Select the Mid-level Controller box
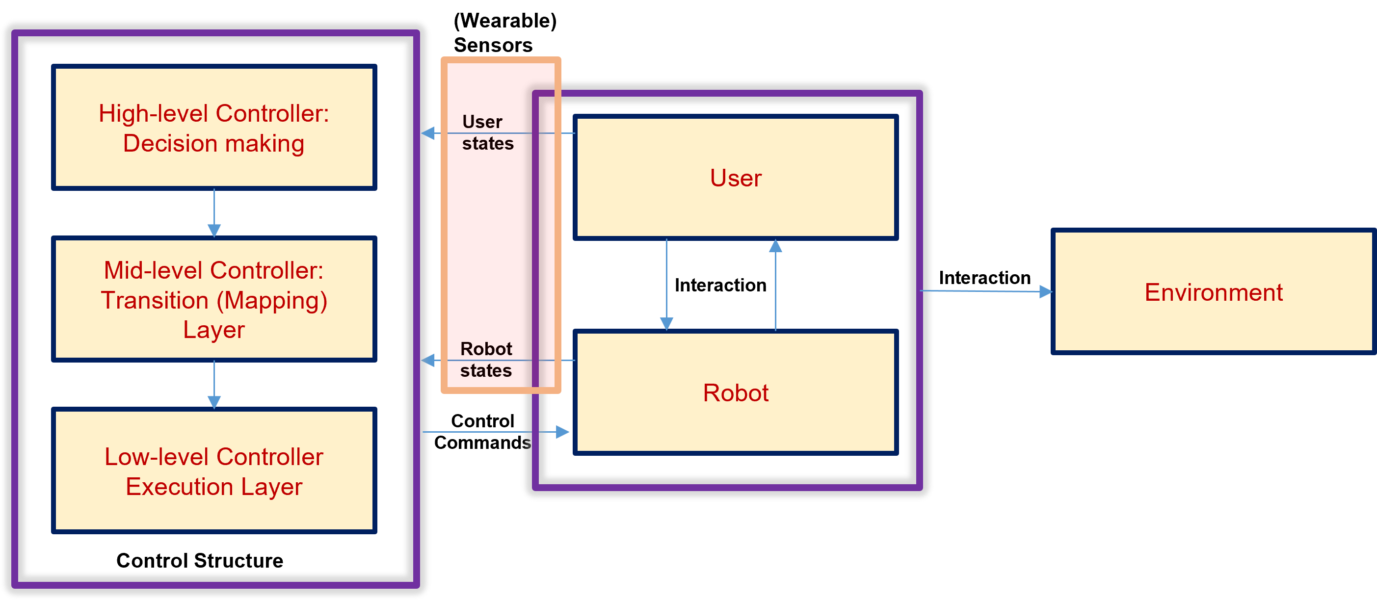point(214,299)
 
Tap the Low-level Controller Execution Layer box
point(214,470)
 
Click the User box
point(736,178)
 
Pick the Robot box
point(736,392)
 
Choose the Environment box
point(1214,292)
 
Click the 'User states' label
point(487,132)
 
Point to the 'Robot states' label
point(486,360)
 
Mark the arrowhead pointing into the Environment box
point(1046,292)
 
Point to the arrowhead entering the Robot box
point(563,432)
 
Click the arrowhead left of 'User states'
point(427,133)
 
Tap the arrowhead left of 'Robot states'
point(427,361)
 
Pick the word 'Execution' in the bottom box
point(180,487)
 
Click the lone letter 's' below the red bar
point(527,443)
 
